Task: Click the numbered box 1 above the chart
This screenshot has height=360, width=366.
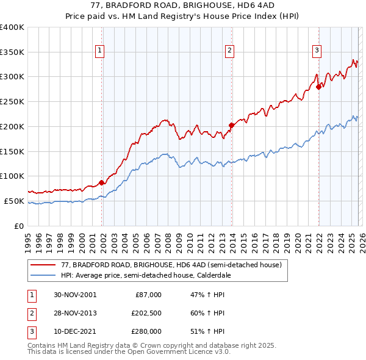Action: pos(99,51)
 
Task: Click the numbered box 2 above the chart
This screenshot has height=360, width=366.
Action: pos(229,51)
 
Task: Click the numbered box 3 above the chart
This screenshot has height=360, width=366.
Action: pos(317,51)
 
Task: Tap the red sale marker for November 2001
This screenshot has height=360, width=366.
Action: pos(101,182)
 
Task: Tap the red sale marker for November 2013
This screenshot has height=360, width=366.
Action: pos(232,125)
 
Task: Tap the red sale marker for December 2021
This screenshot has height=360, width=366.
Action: pos(318,87)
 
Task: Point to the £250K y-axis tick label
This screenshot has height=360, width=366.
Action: pos(12,102)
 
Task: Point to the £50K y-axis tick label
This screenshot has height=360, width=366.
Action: pos(15,201)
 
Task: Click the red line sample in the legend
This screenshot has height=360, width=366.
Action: pos(43,265)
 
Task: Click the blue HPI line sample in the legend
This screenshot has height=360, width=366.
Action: pos(43,276)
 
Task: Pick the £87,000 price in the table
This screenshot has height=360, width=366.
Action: pos(146,295)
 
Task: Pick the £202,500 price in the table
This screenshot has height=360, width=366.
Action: pos(146,313)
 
